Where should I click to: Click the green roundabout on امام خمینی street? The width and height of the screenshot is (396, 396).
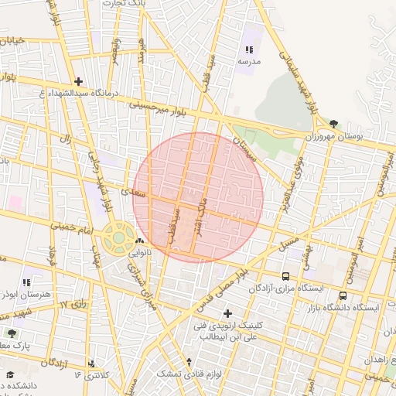pos(119,237)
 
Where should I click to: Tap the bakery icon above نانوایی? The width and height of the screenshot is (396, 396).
pos(139,242)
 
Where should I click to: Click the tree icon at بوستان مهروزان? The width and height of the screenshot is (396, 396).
pos(333,123)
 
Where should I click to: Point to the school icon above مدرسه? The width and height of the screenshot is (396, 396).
pos(249,49)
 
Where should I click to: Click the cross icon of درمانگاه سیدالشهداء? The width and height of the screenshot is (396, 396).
pos(77,81)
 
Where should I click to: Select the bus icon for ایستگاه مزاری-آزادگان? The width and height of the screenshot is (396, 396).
pos(286,276)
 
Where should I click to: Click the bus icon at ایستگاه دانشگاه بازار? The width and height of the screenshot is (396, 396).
pos(342,295)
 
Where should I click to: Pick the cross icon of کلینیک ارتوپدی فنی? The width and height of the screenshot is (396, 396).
pos(227,313)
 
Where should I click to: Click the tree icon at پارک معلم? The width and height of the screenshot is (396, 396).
pos(11,333)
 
